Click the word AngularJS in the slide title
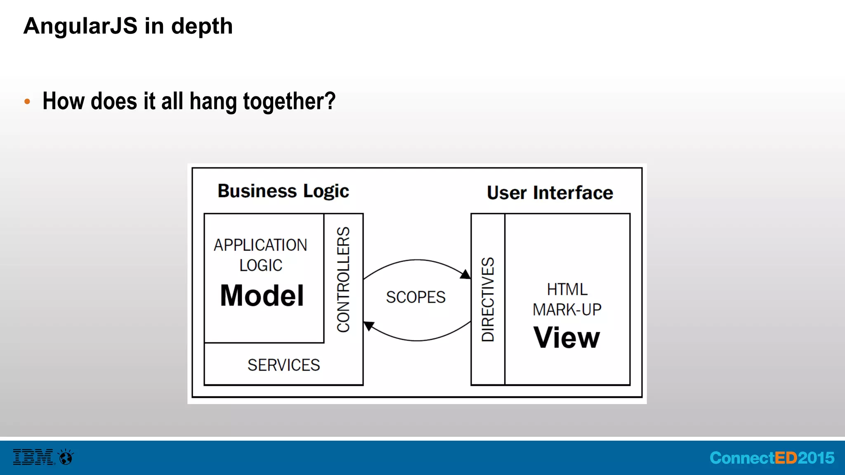tap(80, 26)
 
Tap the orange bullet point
tap(27, 101)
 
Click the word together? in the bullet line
tap(289, 101)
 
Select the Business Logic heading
tap(283, 191)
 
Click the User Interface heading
tap(550, 193)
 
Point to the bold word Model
tap(262, 296)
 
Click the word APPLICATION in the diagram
tap(260, 245)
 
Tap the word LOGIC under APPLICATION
tap(261, 265)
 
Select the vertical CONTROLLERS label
tap(343, 279)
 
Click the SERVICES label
tap(283, 365)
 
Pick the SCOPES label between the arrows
tap(415, 297)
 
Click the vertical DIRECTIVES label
tap(488, 299)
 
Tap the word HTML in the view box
tap(567, 289)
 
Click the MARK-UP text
tap(567, 310)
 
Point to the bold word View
tap(566, 338)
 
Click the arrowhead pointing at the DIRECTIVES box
tap(465, 274)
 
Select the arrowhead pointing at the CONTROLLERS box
tap(368, 326)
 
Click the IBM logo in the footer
tap(33, 457)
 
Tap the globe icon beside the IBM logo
tap(66, 457)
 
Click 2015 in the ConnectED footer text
tap(816, 458)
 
